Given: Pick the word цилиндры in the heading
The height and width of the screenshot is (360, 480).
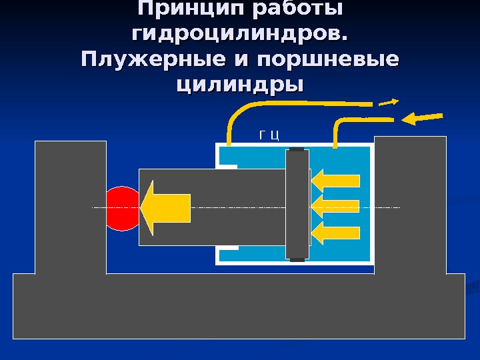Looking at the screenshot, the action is pos(240,85).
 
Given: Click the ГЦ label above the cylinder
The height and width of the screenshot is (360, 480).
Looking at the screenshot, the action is pos(269,137).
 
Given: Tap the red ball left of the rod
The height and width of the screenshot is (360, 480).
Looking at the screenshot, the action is pos(120,208).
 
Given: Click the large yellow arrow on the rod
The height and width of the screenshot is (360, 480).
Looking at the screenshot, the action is pos(167,207).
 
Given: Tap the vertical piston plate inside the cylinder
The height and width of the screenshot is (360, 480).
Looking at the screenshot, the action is pos(297,205).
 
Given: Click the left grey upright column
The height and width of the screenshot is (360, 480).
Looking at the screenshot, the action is pos(71,207).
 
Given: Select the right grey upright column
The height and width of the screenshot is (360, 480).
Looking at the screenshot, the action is pos(410,204).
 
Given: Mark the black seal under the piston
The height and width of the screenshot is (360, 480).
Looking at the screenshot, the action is pos(297,260).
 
